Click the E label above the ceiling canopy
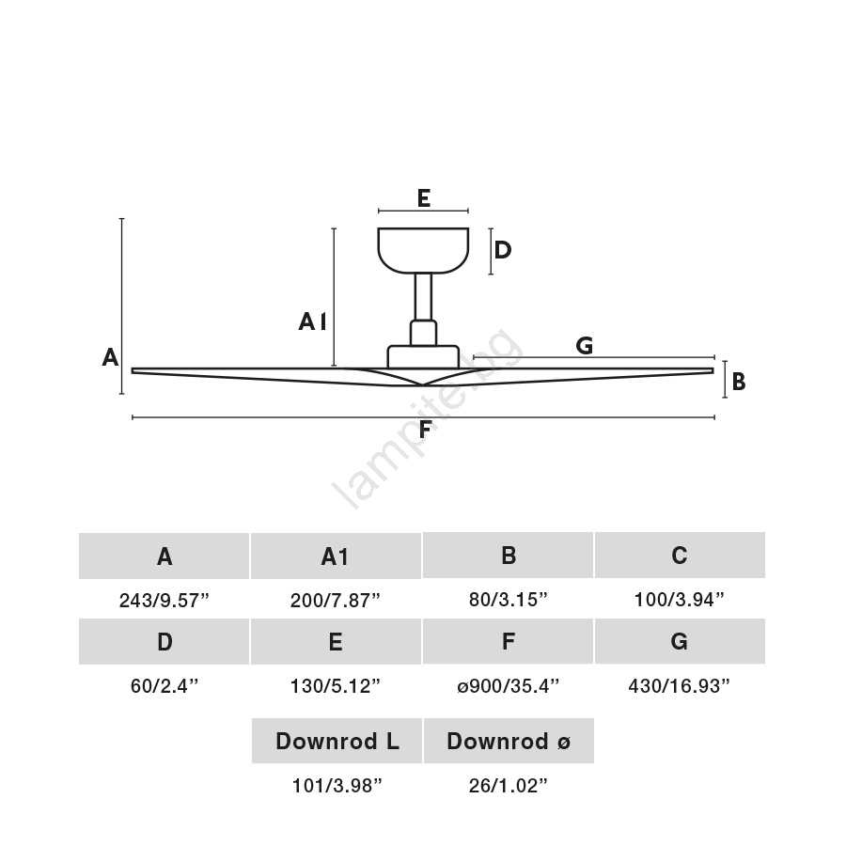tap(424, 198)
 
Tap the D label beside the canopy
tap(502, 250)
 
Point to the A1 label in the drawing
tap(312, 322)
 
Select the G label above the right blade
tap(585, 345)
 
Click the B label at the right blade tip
tap(739, 382)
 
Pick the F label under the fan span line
tap(425, 430)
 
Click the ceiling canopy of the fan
tap(423, 250)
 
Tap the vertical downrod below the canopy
tap(423, 297)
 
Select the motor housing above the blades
tap(423, 356)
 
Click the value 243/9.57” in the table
tap(164, 600)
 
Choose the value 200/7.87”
tap(335, 600)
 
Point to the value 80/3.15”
tap(508, 600)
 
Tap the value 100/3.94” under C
tap(679, 600)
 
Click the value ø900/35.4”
tap(508, 686)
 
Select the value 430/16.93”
tap(679, 686)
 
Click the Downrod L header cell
tap(337, 741)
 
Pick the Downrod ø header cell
tap(509, 741)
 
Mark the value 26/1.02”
tap(508, 786)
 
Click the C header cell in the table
tap(680, 556)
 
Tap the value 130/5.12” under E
tap(335, 686)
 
